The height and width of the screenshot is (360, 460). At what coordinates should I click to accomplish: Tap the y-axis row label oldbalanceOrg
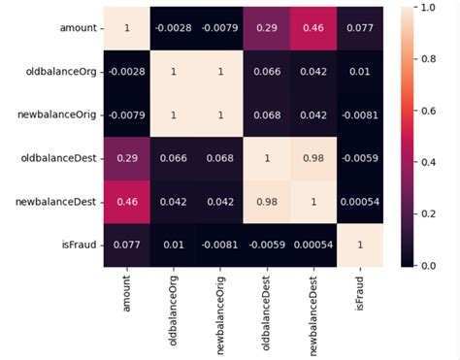65,72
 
